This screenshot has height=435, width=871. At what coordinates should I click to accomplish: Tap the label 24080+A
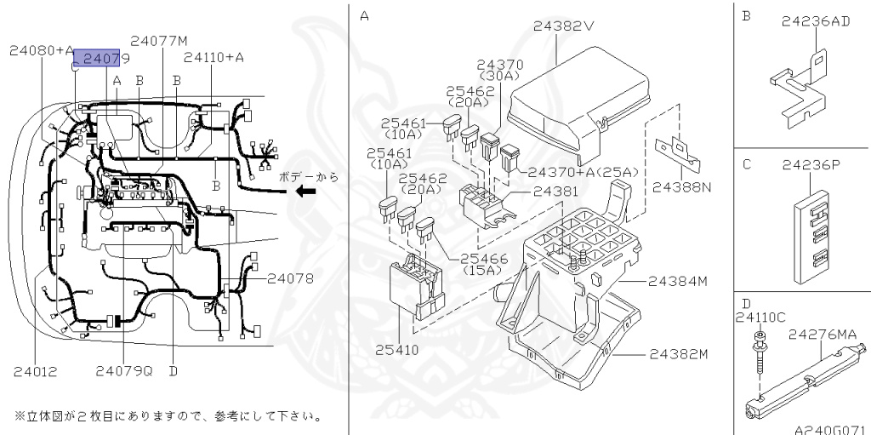(x=42, y=50)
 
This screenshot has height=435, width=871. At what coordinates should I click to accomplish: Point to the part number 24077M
(x=159, y=40)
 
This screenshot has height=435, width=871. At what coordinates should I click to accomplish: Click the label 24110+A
(x=213, y=57)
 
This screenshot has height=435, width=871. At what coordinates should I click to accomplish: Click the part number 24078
(x=290, y=278)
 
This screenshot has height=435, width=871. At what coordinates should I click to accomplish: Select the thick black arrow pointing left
(x=305, y=191)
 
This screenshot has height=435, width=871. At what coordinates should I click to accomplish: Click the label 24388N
(x=682, y=186)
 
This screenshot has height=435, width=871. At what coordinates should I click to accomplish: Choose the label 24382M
(x=678, y=353)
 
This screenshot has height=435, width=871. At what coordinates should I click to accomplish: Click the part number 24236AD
(x=815, y=21)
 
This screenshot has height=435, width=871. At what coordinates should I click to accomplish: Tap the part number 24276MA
(x=822, y=335)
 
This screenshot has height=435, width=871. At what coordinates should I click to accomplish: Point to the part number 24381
(x=554, y=192)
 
